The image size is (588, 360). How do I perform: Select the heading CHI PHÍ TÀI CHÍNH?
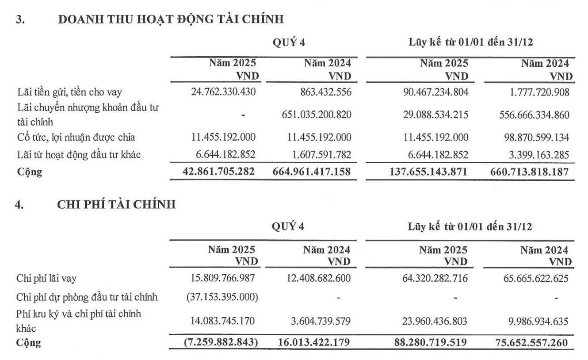(x=117, y=204)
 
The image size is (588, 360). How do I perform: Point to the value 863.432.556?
(x=324, y=92)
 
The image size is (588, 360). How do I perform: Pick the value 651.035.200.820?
(x=317, y=115)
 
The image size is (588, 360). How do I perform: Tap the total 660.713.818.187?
(x=530, y=171)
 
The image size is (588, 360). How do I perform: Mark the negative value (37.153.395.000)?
(x=221, y=297)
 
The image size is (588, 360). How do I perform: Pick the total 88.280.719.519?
(x=428, y=342)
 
